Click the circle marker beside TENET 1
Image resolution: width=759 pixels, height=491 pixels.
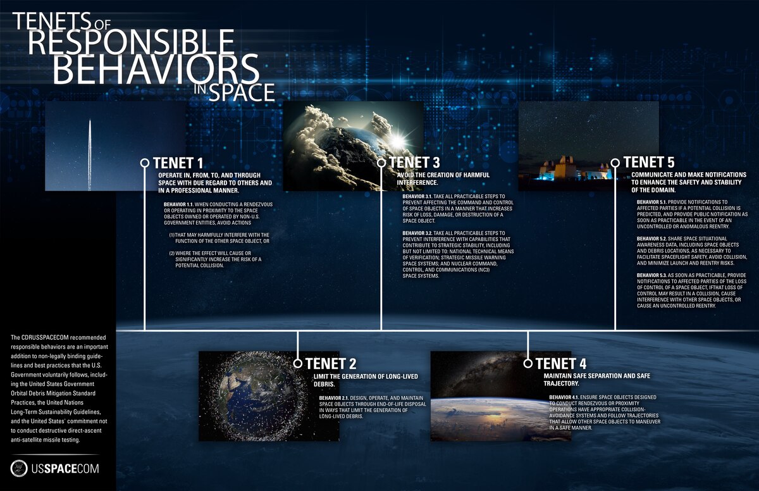click(x=145, y=163)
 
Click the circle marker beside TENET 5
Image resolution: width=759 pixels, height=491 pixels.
click(x=615, y=163)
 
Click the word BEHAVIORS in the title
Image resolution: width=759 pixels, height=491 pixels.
click(x=156, y=68)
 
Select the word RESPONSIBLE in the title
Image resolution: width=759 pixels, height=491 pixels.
click(x=131, y=42)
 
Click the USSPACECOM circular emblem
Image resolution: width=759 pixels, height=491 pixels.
click(x=20, y=468)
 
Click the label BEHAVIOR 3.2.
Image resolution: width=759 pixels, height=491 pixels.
click(x=418, y=233)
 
